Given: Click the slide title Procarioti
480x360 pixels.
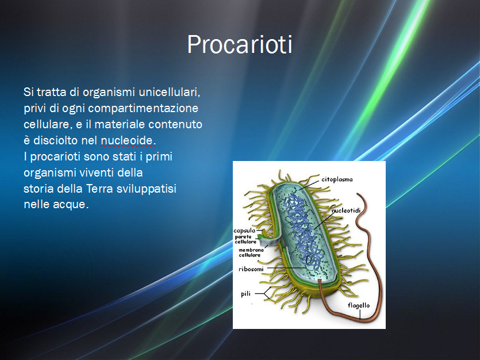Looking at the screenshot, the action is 240,45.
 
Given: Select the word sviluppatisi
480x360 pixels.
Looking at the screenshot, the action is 147,189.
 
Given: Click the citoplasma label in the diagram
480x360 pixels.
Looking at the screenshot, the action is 337,179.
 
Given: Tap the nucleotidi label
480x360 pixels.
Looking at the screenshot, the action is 346,210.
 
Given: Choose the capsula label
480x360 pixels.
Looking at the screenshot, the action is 244,231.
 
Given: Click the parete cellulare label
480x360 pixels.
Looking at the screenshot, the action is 246,239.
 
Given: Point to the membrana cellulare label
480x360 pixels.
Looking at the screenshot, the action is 251,252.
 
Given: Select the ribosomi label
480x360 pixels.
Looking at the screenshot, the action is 251,269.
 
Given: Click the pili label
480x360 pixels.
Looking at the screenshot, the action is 246,294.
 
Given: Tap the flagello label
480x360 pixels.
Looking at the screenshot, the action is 359,305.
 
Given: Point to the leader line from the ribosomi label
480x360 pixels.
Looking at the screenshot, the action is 285,269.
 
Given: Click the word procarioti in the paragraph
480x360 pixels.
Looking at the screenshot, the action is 55,157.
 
